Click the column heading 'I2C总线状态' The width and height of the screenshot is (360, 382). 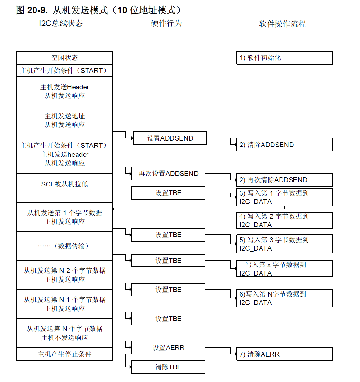(x=61, y=23)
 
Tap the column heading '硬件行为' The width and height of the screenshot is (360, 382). (x=167, y=23)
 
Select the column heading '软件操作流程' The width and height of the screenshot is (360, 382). (x=282, y=24)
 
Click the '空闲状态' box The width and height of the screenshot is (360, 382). (x=65, y=58)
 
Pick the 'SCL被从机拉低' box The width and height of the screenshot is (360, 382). (x=65, y=188)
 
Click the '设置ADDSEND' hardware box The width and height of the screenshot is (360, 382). (x=170, y=138)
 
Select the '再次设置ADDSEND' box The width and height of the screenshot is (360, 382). (x=168, y=174)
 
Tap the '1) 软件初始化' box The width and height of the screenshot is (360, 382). (x=284, y=58)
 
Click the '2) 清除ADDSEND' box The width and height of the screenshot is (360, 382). (x=284, y=145)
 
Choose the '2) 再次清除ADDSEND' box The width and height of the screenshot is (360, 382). (x=284, y=180)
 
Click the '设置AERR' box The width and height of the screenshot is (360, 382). (x=168, y=348)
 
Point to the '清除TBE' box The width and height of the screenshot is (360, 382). (x=168, y=367)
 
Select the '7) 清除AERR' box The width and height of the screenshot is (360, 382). (x=284, y=354)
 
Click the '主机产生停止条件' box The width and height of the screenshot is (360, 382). (x=65, y=354)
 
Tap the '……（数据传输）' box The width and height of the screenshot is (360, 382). (x=65, y=246)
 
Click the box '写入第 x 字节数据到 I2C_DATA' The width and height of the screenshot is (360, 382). (x=284, y=269)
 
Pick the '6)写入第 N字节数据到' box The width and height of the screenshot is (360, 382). (x=284, y=298)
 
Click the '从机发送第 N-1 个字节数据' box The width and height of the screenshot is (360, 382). (x=65, y=304)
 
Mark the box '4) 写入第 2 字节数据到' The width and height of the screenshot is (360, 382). (x=284, y=220)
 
